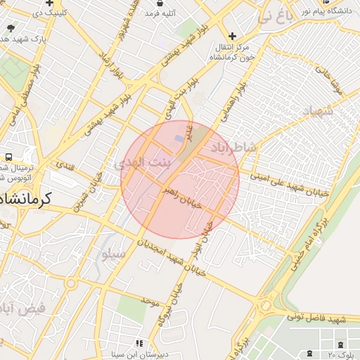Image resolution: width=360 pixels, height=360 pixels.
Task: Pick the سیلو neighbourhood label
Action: [x=113, y=255]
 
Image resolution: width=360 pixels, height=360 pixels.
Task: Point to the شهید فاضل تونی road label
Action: [x=316, y=317]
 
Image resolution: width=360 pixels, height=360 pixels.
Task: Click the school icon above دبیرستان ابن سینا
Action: [x=140, y=342]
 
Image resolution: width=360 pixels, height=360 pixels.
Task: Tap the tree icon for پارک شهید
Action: [x=10, y=28]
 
